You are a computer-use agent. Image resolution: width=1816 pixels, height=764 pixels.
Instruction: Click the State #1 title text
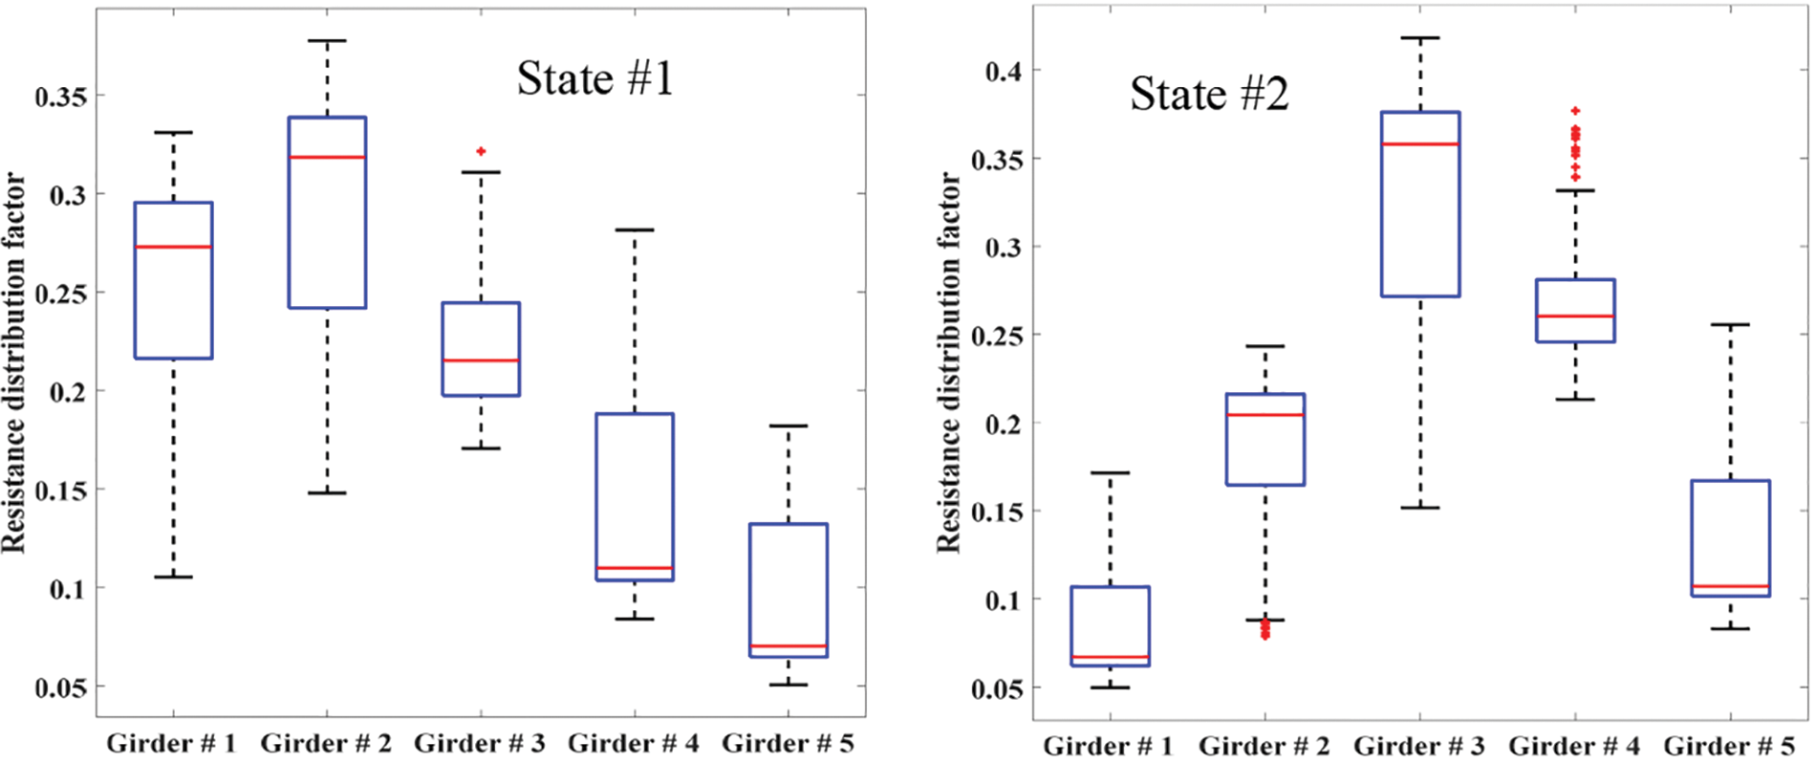(x=595, y=78)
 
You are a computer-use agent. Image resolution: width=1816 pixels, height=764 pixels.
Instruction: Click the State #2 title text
(x=1209, y=94)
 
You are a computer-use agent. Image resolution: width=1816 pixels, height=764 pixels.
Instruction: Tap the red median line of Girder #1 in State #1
(x=173, y=247)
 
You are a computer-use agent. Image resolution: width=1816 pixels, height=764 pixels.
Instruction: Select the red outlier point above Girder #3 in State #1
(x=481, y=151)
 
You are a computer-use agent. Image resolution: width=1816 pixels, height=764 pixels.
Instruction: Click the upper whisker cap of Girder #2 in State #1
(x=327, y=41)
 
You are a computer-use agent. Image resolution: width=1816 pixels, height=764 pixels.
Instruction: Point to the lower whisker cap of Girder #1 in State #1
(x=173, y=577)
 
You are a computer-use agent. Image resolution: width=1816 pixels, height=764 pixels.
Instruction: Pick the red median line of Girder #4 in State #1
(x=635, y=568)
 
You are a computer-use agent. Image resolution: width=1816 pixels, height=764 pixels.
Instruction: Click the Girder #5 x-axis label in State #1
(x=788, y=743)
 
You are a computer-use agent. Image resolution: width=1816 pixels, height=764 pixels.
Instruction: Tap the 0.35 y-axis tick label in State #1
(x=60, y=97)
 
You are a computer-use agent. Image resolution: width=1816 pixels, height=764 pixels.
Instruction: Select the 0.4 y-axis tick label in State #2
(x=1004, y=71)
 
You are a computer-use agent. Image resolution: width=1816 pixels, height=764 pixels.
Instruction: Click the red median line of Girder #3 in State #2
(x=1420, y=143)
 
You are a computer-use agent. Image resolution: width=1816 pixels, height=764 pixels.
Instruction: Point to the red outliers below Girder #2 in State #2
(x=1265, y=629)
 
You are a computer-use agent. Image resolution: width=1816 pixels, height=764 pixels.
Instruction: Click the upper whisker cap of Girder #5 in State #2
(x=1730, y=325)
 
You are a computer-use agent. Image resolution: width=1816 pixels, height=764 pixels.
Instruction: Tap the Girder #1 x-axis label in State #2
(x=1108, y=746)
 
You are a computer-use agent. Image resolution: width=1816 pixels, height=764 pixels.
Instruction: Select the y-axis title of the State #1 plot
(x=13, y=363)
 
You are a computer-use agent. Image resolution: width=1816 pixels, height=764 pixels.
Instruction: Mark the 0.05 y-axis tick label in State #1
(x=60, y=688)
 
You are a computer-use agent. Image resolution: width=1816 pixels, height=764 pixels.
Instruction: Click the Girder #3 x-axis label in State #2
(x=1419, y=746)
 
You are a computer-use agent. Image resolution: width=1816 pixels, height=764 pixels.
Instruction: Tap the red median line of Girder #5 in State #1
(x=789, y=646)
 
